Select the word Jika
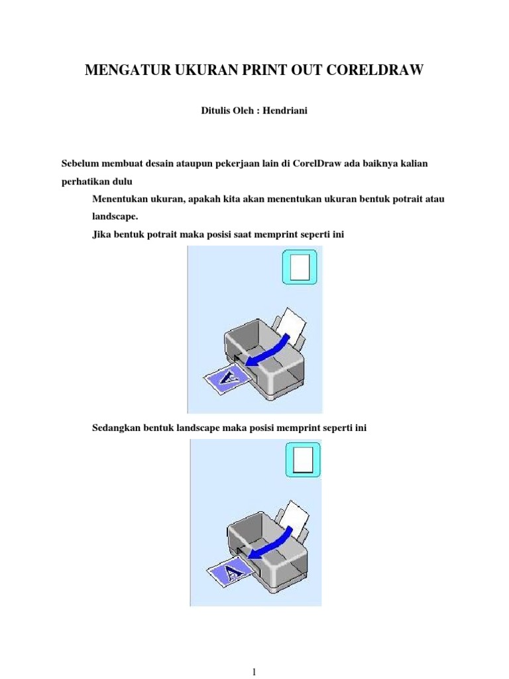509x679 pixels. [100, 234]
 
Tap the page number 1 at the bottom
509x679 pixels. [254, 671]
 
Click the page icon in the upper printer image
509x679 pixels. [300, 267]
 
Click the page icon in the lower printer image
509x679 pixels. [302, 460]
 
